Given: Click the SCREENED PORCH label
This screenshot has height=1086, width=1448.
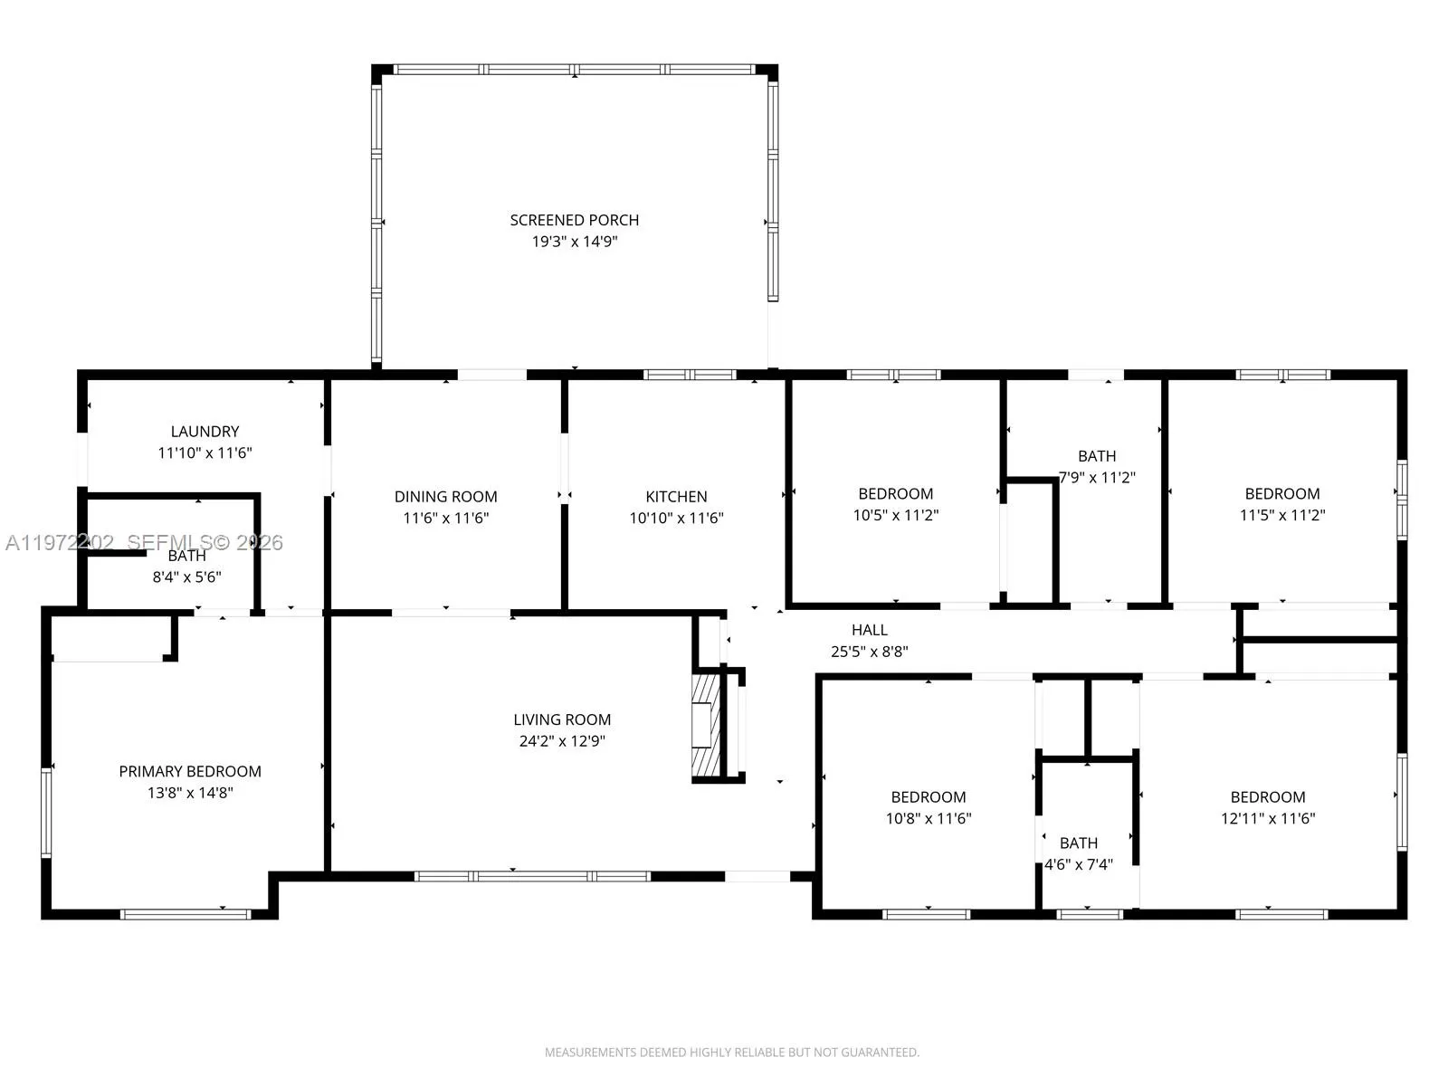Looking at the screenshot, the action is [x=574, y=220].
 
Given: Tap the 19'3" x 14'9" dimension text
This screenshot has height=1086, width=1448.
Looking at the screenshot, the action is [x=575, y=242].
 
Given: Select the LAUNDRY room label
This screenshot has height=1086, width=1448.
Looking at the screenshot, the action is [x=205, y=432].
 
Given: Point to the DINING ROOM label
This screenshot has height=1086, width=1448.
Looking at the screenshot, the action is [x=446, y=497].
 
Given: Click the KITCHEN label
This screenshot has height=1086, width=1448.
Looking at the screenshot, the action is [x=676, y=497].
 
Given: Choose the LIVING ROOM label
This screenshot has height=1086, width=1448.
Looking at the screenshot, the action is [x=562, y=719].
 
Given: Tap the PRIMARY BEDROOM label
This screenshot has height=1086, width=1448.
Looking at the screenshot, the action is [x=190, y=771].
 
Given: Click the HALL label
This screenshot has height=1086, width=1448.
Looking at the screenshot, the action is [x=870, y=631].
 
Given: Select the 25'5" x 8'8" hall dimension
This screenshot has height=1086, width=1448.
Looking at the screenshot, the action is [x=870, y=652].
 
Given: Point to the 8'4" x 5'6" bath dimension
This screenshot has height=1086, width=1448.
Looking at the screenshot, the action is [x=186, y=577].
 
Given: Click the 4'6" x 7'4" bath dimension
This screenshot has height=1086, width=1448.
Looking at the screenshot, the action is [x=1079, y=864].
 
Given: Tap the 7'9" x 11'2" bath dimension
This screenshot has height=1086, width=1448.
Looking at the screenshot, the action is [x=1097, y=478].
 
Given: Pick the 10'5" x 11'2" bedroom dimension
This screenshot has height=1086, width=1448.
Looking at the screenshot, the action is [x=896, y=515].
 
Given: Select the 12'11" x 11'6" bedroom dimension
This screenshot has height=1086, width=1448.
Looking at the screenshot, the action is [x=1268, y=818].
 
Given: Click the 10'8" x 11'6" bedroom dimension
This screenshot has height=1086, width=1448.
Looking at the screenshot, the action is [x=929, y=818].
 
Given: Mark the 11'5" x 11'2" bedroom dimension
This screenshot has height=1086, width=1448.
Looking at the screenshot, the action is [x=1282, y=515].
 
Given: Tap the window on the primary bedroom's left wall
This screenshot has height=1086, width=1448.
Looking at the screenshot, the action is [x=46, y=812].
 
